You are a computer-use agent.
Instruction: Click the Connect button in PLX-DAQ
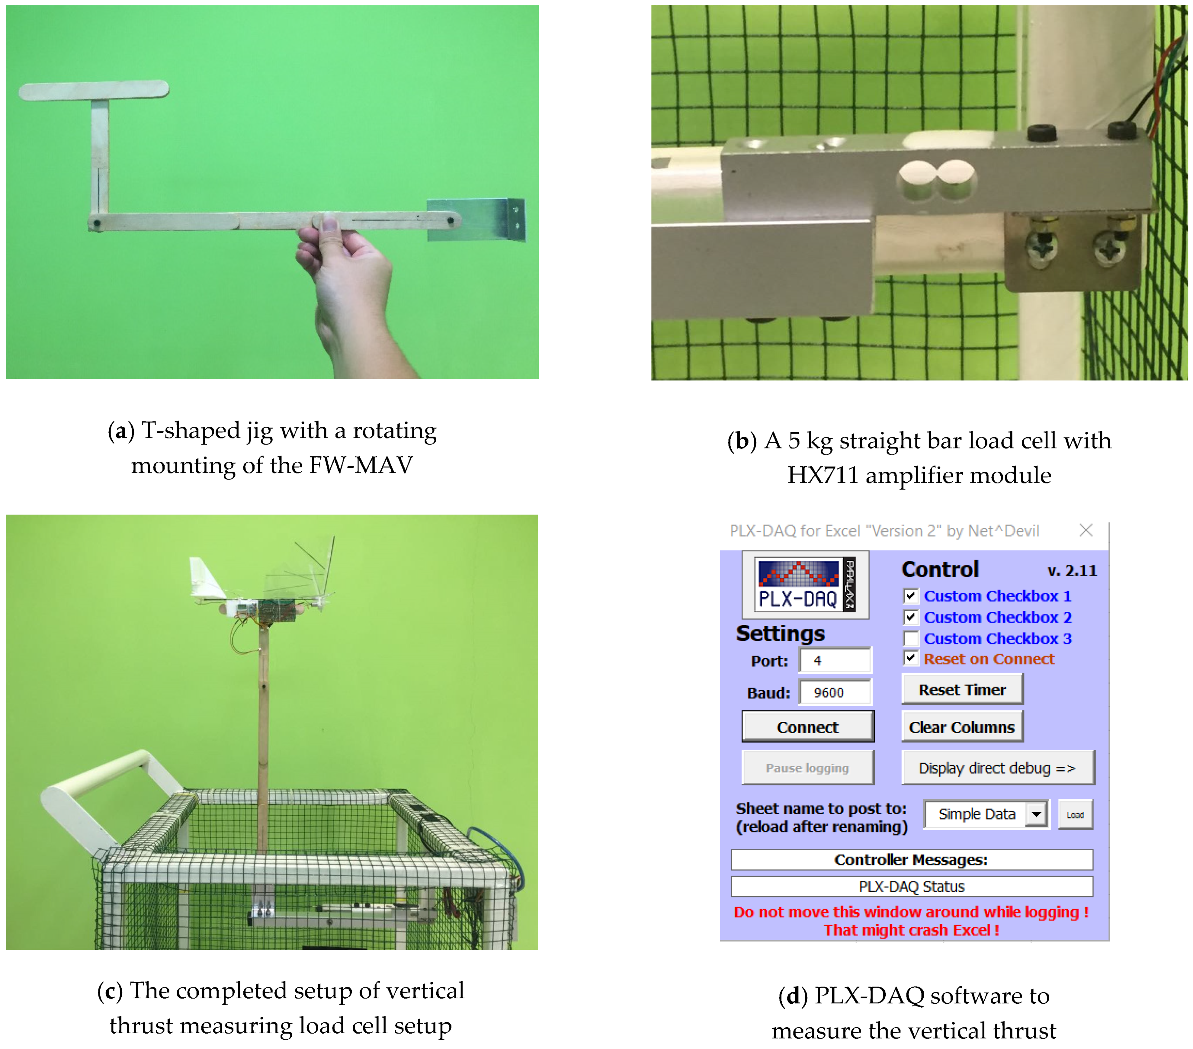pos(807,727)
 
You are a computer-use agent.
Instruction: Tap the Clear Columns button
pos(962,727)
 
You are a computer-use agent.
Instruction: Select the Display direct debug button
pos(997,767)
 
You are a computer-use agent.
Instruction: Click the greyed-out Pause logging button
pos(807,767)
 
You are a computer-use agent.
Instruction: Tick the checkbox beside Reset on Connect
pos(910,658)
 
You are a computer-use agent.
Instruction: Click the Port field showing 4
pos(834,660)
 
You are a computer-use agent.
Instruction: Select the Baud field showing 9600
pos(834,692)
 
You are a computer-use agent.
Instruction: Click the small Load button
pos(1075,814)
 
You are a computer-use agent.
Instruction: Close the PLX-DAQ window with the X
pos(1086,530)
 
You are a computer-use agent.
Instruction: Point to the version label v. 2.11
pos(1072,570)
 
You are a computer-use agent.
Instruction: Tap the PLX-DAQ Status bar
pos(912,886)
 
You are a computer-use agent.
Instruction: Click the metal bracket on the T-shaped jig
pos(476,219)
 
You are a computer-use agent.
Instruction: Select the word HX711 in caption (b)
pos(822,475)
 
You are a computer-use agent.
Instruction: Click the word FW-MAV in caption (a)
pos(361,465)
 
